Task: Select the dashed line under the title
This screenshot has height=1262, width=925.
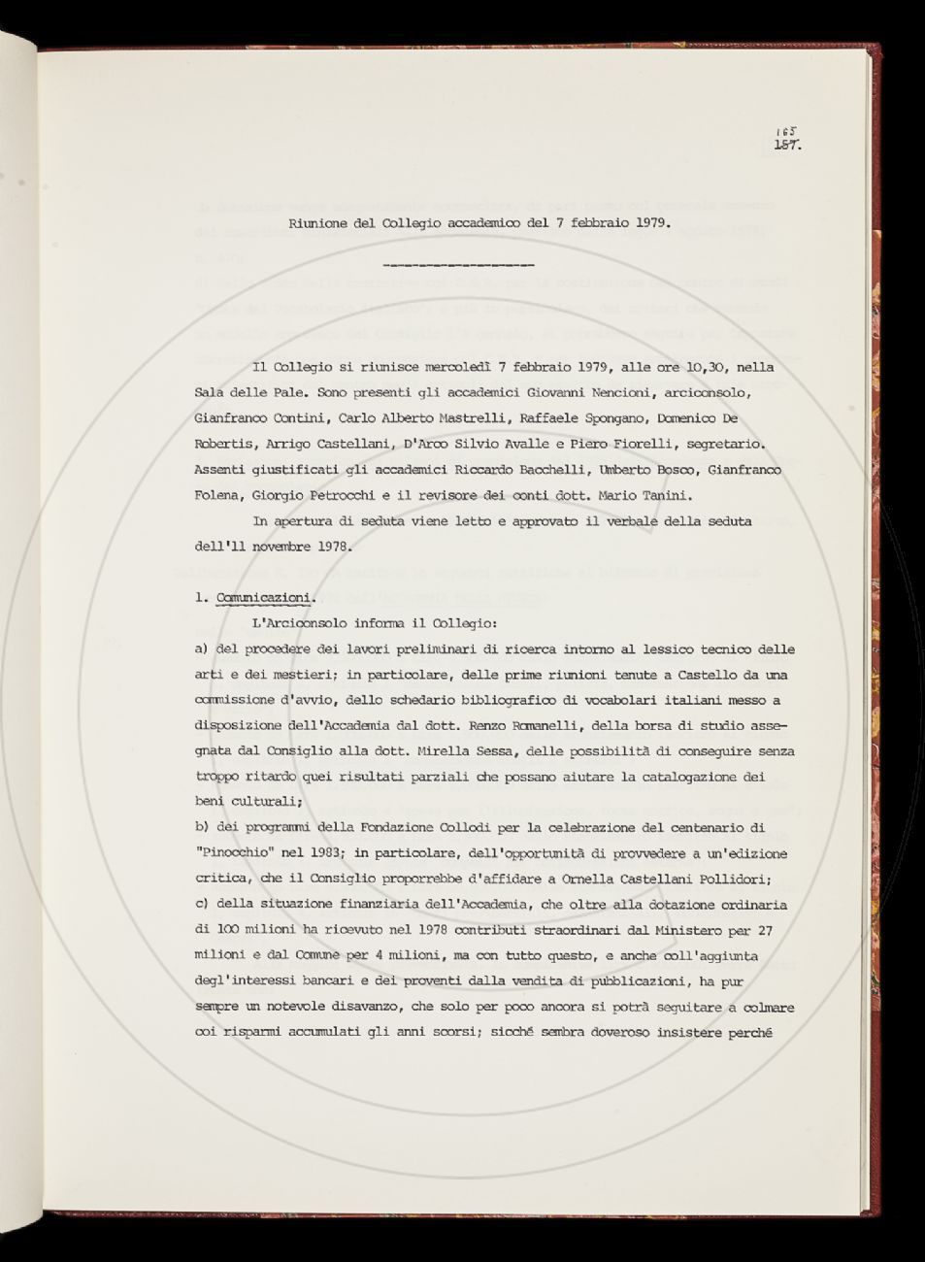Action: tap(459, 264)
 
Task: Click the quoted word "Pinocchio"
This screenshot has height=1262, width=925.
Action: tap(233, 853)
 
